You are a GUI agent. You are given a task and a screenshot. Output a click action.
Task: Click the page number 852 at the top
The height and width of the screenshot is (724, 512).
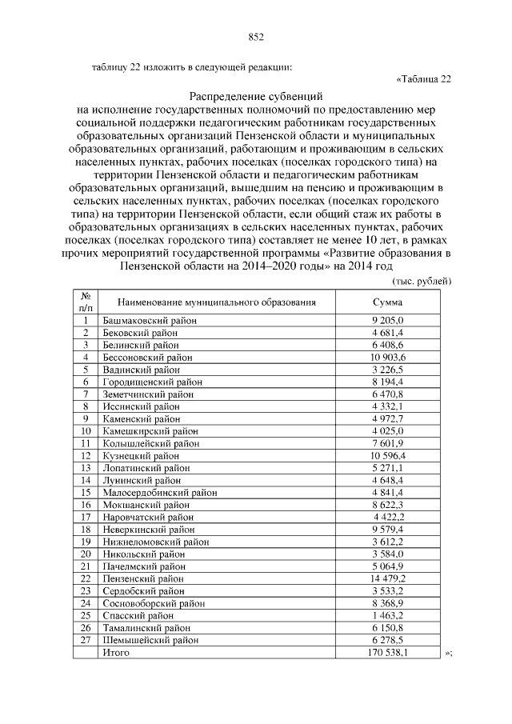pyautogui.click(x=256, y=37)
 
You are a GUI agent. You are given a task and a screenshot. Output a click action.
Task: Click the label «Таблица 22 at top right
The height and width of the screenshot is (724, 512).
pyautogui.click(x=424, y=78)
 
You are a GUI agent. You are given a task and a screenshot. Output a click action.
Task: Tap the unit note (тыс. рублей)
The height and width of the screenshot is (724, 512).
pyautogui.click(x=422, y=281)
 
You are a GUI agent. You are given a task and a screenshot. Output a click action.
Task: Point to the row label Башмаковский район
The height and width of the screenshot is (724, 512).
pyautogui.click(x=150, y=320)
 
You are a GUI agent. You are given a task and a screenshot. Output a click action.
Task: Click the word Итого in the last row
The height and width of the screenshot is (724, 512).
pyautogui.click(x=117, y=653)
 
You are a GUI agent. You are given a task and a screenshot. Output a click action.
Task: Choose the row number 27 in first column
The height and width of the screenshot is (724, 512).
pyautogui.click(x=85, y=640)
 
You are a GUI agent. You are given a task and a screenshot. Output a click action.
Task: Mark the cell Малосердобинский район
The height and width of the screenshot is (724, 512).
pyautogui.click(x=160, y=492)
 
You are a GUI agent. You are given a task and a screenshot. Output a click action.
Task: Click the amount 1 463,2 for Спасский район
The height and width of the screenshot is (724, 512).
pyautogui.click(x=388, y=616)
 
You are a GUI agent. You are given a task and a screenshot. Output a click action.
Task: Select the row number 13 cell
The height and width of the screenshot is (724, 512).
pyautogui.click(x=85, y=467)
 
